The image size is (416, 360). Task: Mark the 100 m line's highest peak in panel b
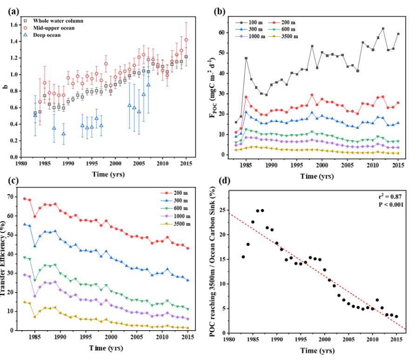[383, 29]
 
